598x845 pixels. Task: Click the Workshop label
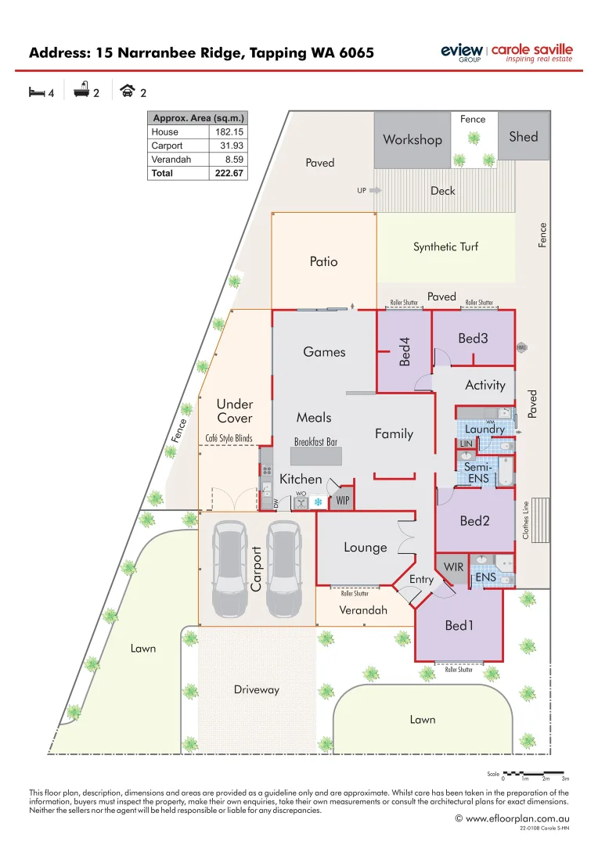412,140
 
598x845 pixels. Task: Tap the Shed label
524,137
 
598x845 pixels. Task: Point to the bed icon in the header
36,92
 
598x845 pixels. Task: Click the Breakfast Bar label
315,442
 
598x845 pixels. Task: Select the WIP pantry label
342,499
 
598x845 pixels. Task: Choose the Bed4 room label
405,351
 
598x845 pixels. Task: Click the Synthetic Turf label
445,246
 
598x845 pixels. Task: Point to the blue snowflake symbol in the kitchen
318,502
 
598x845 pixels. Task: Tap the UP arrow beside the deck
375,190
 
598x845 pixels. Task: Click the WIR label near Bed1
454,566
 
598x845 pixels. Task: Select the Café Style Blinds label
229,438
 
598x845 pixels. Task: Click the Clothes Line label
526,520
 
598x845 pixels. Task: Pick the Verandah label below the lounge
362,610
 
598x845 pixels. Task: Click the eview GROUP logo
463,52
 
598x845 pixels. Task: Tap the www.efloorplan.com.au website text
517,818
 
